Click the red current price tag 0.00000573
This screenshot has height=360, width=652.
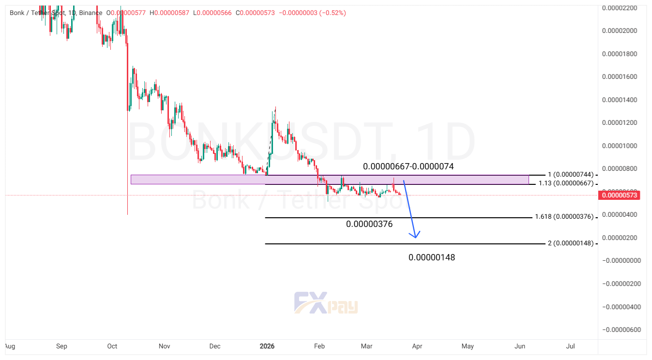point(619,195)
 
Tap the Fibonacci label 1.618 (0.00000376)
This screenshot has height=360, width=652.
point(564,217)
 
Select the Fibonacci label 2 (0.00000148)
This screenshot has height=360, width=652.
point(570,243)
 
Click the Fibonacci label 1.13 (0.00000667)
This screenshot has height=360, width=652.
point(565,184)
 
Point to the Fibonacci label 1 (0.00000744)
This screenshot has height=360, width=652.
point(570,174)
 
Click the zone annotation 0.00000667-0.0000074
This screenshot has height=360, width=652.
point(408,166)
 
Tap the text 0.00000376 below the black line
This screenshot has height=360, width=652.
point(369,224)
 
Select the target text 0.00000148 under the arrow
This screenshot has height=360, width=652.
point(431,257)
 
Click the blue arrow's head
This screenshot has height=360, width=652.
point(415,236)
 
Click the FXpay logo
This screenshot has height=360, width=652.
point(326,303)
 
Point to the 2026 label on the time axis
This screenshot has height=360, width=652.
point(267,346)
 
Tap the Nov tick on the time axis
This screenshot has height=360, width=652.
point(165,346)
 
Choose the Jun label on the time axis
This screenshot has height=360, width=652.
point(520,346)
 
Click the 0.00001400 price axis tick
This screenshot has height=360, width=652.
point(619,100)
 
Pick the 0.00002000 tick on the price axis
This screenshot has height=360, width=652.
point(619,30)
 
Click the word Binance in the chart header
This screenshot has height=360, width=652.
point(91,13)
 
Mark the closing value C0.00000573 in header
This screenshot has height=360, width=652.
point(255,13)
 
